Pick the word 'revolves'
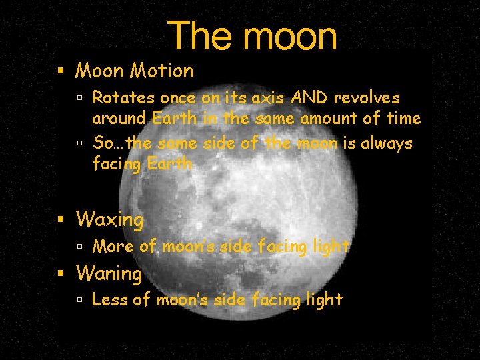(367, 98)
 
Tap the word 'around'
(118, 119)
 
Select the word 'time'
(402, 119)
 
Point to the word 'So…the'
(122, 143)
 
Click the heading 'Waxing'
(110, 219)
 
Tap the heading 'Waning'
(109, 273)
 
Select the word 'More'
(113, 247)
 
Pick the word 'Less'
(110, 300)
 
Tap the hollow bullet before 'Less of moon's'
(79, 301)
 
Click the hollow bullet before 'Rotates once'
(79, 99)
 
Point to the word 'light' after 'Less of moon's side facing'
(324, 300)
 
